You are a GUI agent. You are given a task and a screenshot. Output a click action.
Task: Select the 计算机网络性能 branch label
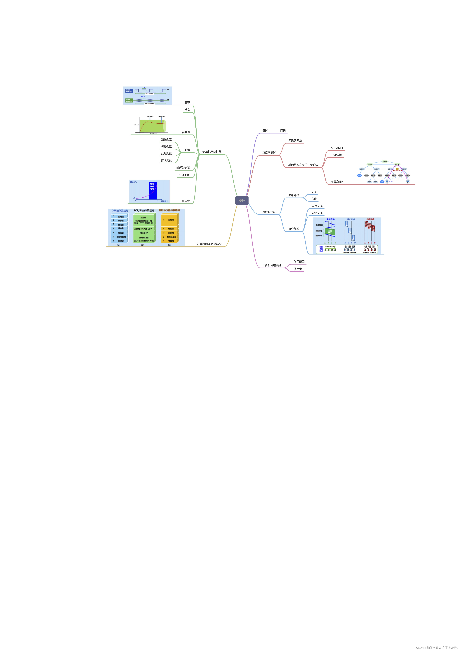click(212, 152)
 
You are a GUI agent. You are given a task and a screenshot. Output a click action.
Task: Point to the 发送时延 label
click(166, 140)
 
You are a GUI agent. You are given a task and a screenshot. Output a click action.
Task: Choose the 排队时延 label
click(166, 160)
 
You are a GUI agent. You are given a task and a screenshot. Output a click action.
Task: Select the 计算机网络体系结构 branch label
click(209, 244)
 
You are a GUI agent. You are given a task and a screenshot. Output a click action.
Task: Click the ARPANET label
click(337, 148)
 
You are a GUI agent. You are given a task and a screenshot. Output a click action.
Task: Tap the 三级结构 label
click(336, 155)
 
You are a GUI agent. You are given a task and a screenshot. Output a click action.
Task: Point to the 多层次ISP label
click(337, 182)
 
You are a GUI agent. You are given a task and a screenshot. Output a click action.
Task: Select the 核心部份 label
click(294, 229)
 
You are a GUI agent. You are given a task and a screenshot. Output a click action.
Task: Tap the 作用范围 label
click(299, 262)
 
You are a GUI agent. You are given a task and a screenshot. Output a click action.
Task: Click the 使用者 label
click(298, 269)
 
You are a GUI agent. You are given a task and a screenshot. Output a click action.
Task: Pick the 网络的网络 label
click(295, 141)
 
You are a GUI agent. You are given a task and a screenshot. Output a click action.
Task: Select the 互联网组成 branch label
click(269, 212)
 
